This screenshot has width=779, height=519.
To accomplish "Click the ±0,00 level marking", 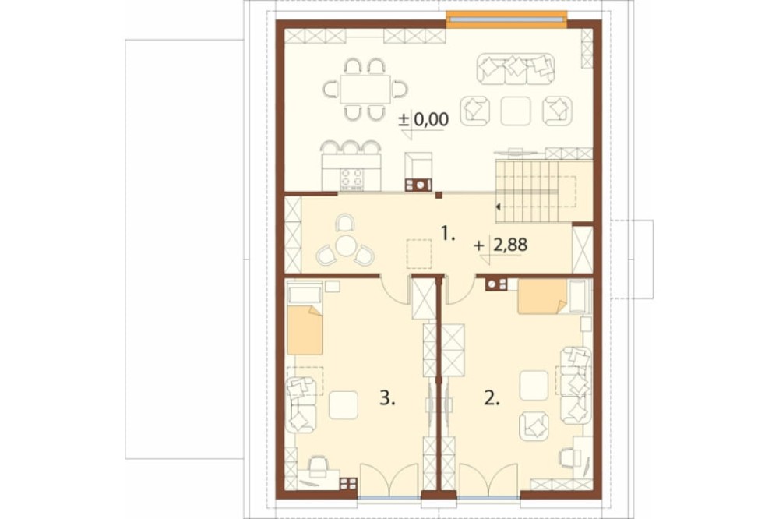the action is coord(424,119).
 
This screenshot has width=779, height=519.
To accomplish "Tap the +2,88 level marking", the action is coord(501,245).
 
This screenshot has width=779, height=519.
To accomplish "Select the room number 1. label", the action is coord(448,233).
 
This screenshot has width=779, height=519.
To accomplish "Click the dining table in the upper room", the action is coord(365,89).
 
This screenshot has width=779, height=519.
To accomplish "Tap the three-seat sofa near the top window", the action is coord(516,69).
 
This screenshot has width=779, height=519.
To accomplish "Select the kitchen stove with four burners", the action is coord(351,179).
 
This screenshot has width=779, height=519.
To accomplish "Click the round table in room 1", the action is coord(345,245).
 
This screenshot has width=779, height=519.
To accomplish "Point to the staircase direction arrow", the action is coord(498,207).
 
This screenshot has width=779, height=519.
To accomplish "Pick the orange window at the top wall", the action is coord(506,19).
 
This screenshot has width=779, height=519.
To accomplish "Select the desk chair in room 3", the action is coord(318,464).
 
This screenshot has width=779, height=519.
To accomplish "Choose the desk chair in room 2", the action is coord(567,457).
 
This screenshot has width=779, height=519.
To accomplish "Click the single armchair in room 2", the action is coord(534,426).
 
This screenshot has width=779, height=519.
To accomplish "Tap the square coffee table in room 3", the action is coord(344,405).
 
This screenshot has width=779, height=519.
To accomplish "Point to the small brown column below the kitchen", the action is coord(438,195).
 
